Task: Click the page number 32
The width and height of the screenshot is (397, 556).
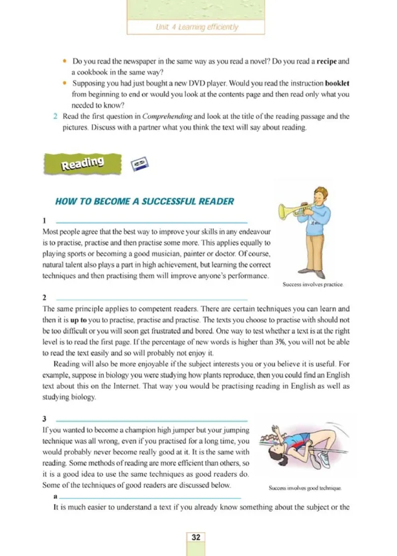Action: pos(196,537)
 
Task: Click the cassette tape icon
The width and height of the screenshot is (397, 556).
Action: pos(140,164)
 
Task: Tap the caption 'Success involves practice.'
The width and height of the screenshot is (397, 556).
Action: pos(313,285)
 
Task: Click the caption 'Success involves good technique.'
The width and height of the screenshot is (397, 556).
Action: pos(305,488)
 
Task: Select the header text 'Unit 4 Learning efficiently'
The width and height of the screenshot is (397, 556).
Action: pos(196,27)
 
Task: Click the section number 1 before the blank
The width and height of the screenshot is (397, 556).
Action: pos(45,220)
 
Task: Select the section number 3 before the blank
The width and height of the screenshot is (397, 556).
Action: pos(45,419)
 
